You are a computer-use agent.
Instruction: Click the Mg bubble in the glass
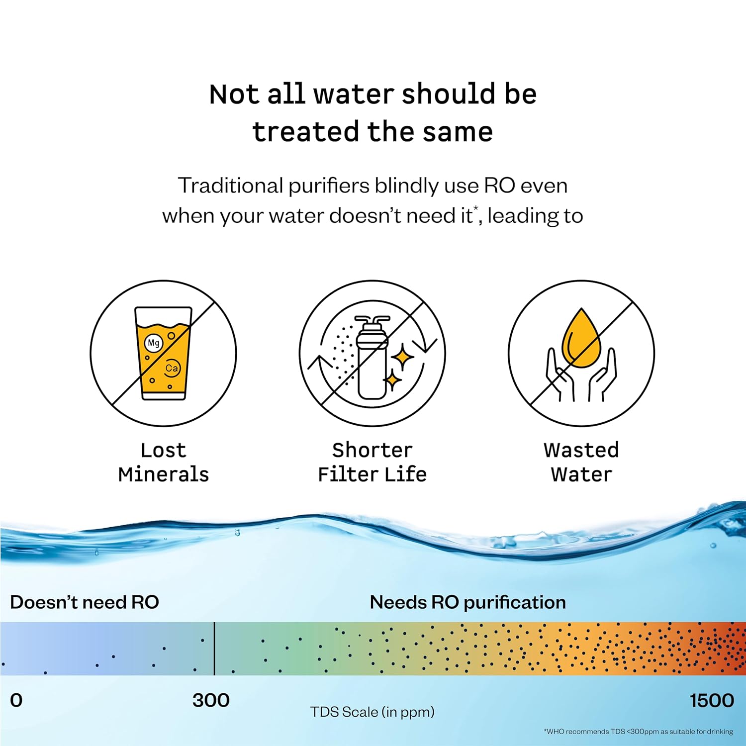click(x=154, y=343)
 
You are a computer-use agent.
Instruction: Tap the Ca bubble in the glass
click(x=172, y=369)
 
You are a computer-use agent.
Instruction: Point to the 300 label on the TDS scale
click(x=211, y=700)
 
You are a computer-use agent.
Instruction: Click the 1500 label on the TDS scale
click(x=712, y=700)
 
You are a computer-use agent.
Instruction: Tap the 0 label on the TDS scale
click(x=16, y=700)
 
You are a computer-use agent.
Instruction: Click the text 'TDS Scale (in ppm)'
click(x=373, y=712)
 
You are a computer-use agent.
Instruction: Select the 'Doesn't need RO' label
click(x=85, y=602)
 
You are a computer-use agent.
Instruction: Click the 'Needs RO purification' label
click(x=468, y=603)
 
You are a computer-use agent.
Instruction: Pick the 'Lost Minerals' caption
click(x=164, y=462)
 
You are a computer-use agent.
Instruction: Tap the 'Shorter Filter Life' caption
click(x=373, y=462)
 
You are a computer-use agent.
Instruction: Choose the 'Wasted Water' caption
click(x=581, y=462)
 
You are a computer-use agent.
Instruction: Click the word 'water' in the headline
click(x=354, y=94)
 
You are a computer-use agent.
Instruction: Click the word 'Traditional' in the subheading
click(x=231, y=186)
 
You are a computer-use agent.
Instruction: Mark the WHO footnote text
click(x=639, y=732)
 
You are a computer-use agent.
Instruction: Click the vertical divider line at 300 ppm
click(x=214, y=649)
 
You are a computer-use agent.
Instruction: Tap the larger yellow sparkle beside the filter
click(x=402, y=357)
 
